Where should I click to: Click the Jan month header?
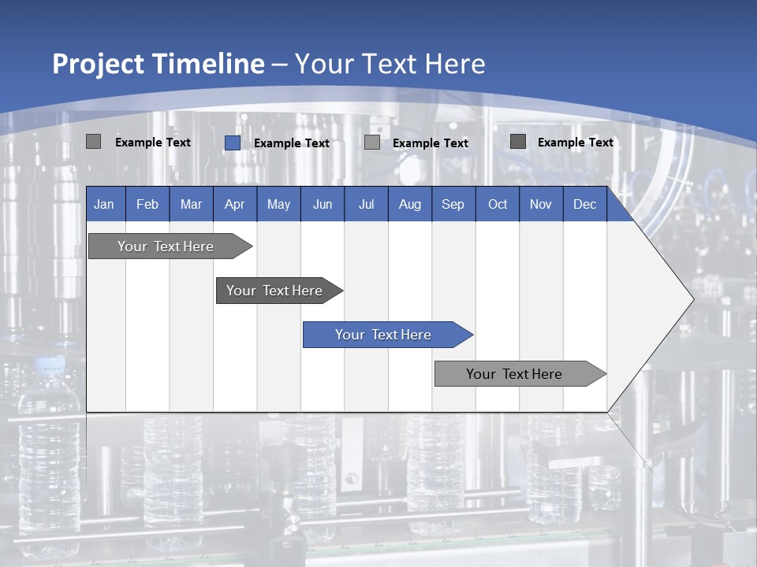(104, 204)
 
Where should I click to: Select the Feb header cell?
(147, 204)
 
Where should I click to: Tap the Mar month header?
(191, 204)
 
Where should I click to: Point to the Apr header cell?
(235, 204)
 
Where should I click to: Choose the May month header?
(278, 204)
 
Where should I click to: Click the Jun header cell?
(323, 204)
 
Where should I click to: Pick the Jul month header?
(366, 204)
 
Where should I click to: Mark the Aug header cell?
(410, 204)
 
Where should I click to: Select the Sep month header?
(453, 204)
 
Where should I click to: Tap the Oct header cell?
(498, 204)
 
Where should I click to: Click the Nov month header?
(541, 204)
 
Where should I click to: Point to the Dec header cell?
(585, 204)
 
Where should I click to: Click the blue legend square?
(232, 143)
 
